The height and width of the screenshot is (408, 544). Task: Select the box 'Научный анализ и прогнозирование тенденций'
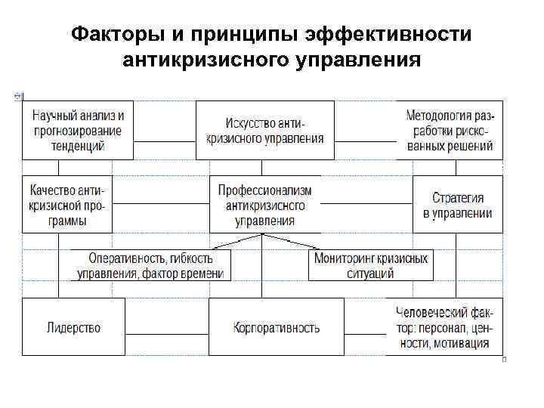click(78, 130)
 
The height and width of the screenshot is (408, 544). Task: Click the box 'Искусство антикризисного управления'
click(264, 130)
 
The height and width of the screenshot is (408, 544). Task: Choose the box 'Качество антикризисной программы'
click(67, 204)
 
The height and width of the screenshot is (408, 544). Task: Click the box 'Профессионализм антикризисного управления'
click(264, 204)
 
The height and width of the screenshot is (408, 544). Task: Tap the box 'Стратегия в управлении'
click(457, 204)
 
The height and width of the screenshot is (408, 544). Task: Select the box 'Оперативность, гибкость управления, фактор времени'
click(152, 265)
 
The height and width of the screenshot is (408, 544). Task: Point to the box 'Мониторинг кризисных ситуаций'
click(371, 265)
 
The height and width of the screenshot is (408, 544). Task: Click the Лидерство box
click(73, 327)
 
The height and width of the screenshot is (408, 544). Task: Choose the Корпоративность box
click(276, 327)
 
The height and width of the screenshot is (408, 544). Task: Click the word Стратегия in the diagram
click(457, 198)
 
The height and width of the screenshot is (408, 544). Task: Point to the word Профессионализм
click(264, 190)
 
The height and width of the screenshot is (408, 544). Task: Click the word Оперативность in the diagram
click(125, 258)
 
